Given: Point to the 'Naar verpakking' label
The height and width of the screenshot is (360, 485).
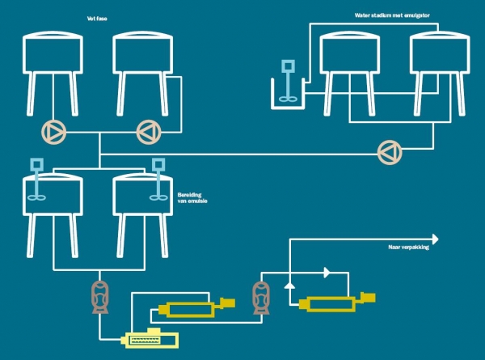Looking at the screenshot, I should click(408, 248).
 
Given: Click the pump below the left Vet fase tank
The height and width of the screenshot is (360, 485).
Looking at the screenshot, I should click(53, 129).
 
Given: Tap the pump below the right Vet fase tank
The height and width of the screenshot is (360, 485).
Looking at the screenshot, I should click(149, 129).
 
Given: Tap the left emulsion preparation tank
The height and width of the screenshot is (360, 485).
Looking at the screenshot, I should click(53, 194).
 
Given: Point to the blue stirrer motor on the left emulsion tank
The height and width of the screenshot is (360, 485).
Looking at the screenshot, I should click(36, 166).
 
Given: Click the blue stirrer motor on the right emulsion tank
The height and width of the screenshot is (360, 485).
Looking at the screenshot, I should click(158, 167).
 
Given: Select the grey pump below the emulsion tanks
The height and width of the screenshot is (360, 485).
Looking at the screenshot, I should click(101, 298).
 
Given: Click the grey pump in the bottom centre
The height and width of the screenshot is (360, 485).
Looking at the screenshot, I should click(262, 297).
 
